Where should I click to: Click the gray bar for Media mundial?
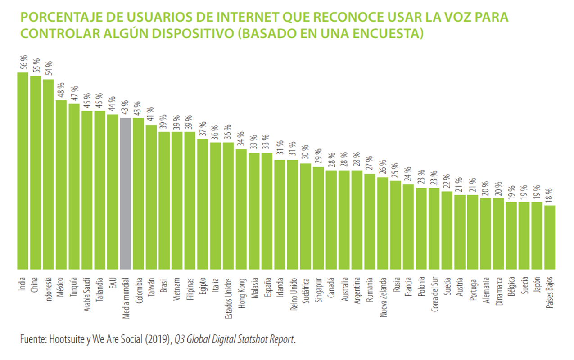(x=126, y=193)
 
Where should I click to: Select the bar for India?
(x=23, y=171)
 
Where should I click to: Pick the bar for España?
(x=267, y=211)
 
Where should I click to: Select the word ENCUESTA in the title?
(x=386, y=34)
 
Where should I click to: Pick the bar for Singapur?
(x=318, y=218)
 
